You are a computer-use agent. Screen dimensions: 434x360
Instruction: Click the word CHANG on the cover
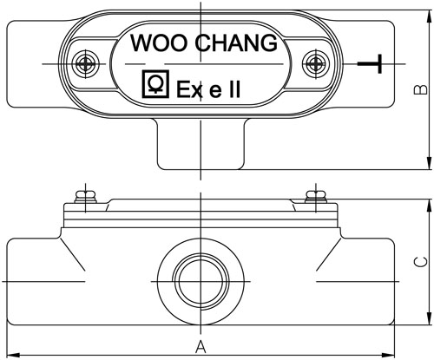(236, 43)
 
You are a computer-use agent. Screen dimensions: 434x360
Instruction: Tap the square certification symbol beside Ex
(155, 84)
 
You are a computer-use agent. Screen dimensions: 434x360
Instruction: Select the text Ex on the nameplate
(189, 89)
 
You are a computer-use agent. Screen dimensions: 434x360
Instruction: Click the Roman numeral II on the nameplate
(234, 89)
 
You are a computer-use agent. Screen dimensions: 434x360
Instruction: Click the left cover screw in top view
(86, 64)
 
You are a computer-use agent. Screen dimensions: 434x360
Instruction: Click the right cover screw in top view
(316, 64)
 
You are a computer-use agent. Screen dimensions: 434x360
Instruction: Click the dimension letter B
(420, 90)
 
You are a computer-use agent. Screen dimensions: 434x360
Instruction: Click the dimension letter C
(420, 262)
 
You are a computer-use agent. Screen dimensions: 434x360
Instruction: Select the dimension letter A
(201, 347)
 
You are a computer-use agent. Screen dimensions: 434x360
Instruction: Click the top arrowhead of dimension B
(429, 16)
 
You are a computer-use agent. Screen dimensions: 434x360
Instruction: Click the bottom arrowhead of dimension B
(429, 163)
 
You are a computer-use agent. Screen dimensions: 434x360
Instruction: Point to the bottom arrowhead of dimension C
(429, 318)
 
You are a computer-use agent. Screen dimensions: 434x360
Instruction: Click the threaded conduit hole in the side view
(201, 281)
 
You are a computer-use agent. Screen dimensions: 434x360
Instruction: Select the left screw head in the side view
(86, 197)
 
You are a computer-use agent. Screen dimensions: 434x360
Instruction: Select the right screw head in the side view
(316, 197)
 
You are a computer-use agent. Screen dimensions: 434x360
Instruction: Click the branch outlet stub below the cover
(201, 144)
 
